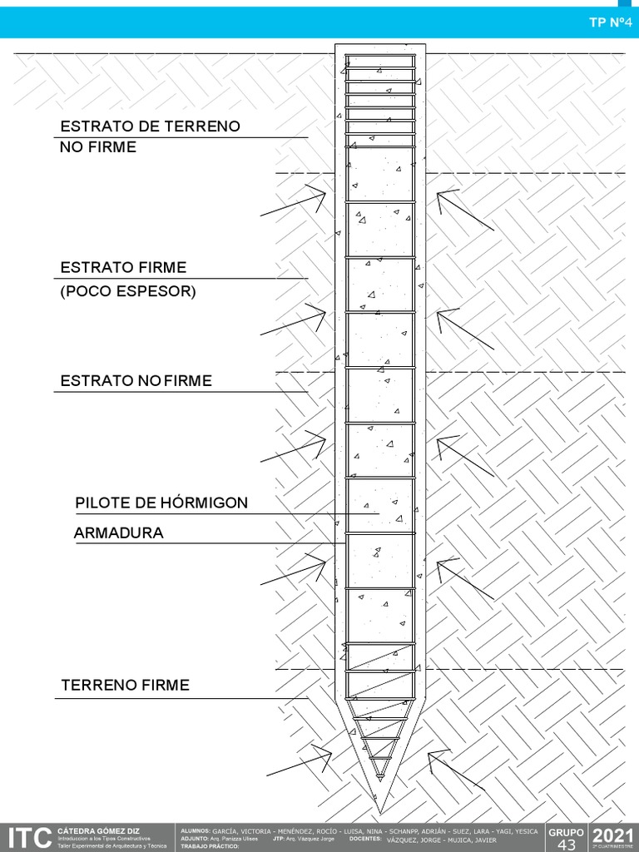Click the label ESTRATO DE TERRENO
150,126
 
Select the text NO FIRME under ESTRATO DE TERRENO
98,147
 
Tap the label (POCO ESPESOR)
128,292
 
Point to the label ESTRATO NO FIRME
136,381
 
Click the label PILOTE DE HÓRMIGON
161,503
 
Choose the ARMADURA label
119,533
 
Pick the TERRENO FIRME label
125,686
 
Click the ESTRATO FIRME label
123,268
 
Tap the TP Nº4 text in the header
606,22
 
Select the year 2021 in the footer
613,835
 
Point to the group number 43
566,845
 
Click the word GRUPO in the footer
566,831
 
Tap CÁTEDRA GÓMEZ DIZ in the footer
98,830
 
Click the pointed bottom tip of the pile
380,810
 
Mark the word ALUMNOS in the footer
195,830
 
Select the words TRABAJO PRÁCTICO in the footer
209,846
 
